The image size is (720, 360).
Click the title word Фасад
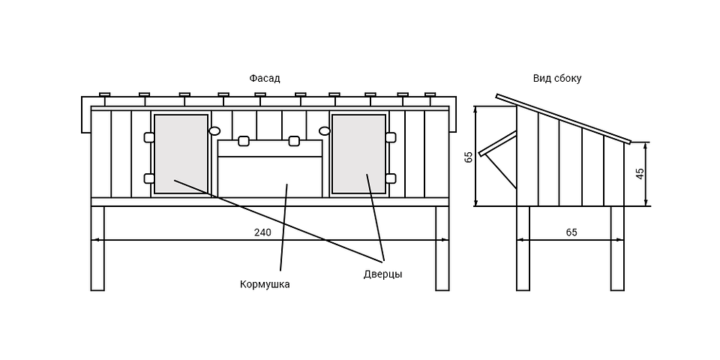(265, 79)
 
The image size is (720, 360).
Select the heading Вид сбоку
(557, 79)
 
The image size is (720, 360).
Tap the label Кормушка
(265, 284)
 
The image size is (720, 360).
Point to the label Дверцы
(383, 274)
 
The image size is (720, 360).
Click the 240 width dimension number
(262, 232)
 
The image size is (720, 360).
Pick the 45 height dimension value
(640, 173)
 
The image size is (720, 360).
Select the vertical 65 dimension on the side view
(469, 157)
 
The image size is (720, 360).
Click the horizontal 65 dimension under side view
(571, 232)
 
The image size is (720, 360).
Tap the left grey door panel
(181, 154)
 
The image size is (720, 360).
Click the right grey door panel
(358, 154)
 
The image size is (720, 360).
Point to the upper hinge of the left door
(149, 136)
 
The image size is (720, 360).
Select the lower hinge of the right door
(391, 178)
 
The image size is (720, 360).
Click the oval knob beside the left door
(214, 130)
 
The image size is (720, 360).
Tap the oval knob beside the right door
(325, 130)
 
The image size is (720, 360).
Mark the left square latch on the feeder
(243, 140)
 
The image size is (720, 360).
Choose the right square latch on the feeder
(294, 140)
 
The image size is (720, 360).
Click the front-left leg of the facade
(97, 248)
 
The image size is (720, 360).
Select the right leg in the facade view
(442, 248)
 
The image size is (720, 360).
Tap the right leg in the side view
(617, 248)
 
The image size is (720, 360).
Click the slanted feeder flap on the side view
(498, 143)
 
